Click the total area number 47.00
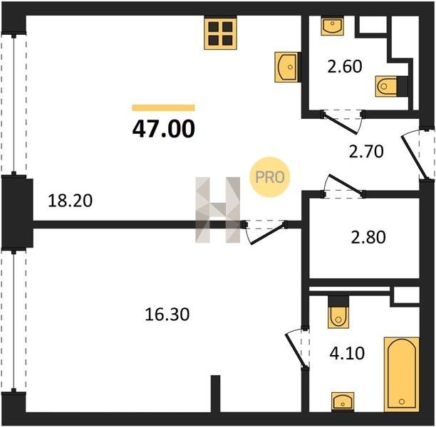click(164, 130)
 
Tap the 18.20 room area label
click(70, 201)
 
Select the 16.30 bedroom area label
click(167, 315)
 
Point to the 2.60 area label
click(345, 66)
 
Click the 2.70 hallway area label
click(366, 152)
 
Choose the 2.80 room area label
click(368, 237)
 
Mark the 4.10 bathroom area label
click(347, 354)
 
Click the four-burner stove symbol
click(221, 34)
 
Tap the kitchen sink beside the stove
click(287, 67)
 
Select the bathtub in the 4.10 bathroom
click(402, 374)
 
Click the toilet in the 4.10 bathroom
click(338, 312)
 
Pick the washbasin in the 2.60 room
click(332, 26)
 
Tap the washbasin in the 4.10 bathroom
click(343, 401)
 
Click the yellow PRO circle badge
click(270, 177)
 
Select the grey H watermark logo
click(218, 210)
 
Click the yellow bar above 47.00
click(164, 107)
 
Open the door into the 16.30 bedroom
click(265, 232)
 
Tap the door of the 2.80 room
click(343, 186)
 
